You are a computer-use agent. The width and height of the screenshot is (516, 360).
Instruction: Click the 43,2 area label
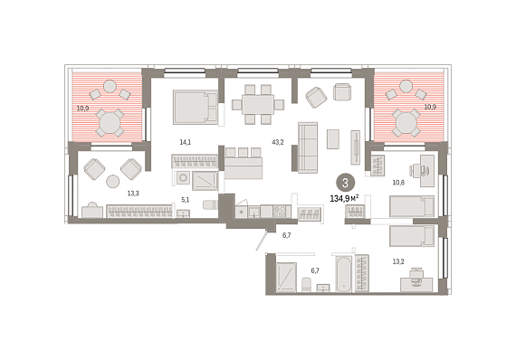tap(277, 142)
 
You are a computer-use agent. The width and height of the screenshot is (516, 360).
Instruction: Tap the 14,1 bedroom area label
tap(186, 142)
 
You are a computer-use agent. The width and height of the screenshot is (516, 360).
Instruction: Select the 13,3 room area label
tap(133, 194)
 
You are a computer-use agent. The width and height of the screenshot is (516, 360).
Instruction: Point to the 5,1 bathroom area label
tap(186, 199)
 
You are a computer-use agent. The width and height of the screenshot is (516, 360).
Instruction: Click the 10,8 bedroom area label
tap(398, 182)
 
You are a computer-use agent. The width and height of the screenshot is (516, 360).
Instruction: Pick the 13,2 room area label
tap(398, 261)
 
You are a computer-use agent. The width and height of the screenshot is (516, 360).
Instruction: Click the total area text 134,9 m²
tap(344, 199)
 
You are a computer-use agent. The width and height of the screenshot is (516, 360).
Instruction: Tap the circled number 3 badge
tap(345, 183)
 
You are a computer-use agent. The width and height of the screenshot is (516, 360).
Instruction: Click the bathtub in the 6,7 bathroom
tap(344, 275)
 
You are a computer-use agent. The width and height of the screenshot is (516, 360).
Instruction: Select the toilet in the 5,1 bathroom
tap(210, 204)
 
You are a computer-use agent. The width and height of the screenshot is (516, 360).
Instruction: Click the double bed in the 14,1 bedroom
tap(196, 107)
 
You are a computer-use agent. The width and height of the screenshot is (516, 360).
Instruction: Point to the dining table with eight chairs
tap(258, 104)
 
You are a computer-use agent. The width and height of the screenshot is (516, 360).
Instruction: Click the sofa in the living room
tap(308, 147)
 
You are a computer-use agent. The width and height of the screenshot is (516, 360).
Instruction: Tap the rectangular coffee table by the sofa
tap(333, 138)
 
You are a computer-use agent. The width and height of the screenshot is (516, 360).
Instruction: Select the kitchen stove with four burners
tap(280, 211)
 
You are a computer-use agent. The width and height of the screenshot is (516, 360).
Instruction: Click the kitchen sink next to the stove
tap(254, 212)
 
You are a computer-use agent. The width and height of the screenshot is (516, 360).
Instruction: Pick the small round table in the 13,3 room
tap(113, 181)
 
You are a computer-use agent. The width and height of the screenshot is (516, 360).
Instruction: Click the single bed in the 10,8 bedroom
tap(412, 206)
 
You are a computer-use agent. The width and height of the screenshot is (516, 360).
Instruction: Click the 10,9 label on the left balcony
tap(83, 108)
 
